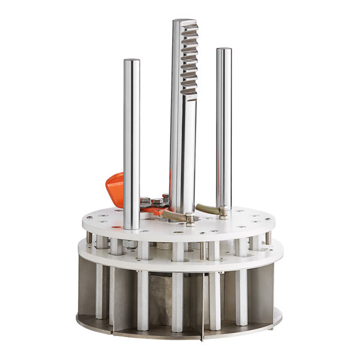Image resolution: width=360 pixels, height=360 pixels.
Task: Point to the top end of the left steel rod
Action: [x=132, y=61]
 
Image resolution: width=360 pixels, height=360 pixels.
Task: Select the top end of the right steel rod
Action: [x=224, y=50]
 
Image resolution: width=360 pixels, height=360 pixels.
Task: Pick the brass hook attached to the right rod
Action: [x=207, y=208]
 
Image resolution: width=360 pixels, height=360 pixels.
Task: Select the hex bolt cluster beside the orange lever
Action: [x=154, y=203]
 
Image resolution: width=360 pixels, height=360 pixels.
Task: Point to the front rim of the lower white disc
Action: [x=180, y=265]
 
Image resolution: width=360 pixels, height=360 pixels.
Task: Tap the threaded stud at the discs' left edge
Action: [x=90, y=238]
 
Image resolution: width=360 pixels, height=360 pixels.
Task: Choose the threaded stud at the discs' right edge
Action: [x=268, y=237]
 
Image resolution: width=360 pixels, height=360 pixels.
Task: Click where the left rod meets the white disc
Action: [x=133, y=227]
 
